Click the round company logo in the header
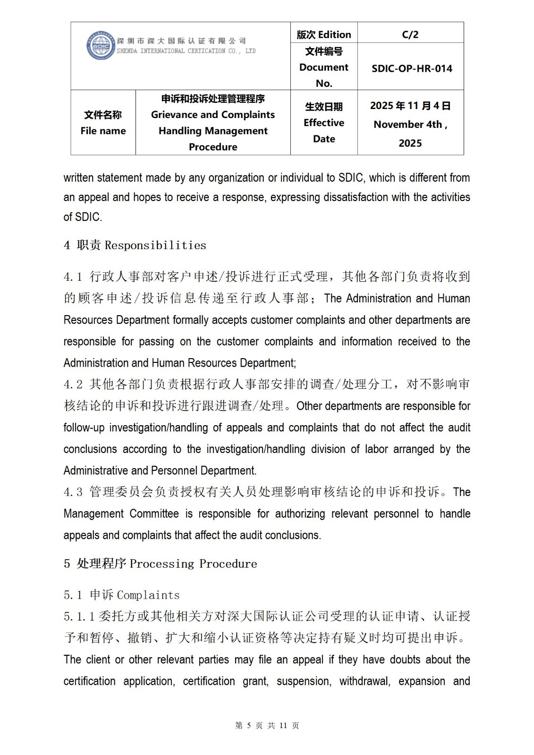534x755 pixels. pos(101,46)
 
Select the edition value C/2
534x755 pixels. pos(410,34)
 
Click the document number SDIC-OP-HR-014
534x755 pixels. pos(412,68)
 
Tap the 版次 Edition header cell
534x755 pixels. pos(324,34)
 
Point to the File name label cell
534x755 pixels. pos(103,123)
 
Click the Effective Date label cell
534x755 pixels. pos(324,123)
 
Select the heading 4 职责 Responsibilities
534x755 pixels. pos(135,245)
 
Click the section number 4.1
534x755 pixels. pos(73,277)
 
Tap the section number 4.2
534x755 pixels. pos(73,385)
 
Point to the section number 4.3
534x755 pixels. pos(73,492)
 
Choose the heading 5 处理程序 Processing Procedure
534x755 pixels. pos(161,564)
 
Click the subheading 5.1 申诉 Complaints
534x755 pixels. pos(122,595)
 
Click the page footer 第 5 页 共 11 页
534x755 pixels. pos(267,725)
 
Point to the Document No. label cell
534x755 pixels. pos(324,67)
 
